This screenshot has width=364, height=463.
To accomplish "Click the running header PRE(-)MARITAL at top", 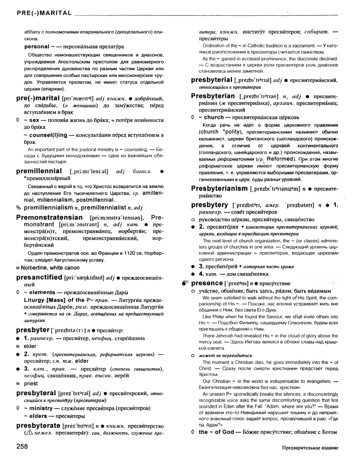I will (x=42, y=14).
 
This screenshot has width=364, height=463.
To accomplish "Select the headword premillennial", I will (x=39, y=171).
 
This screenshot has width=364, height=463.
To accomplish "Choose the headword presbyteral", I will (x=36, y=393).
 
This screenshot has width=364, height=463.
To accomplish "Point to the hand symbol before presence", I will (x=184, y=283).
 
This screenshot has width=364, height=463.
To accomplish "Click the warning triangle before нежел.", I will (x=29, y=434).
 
